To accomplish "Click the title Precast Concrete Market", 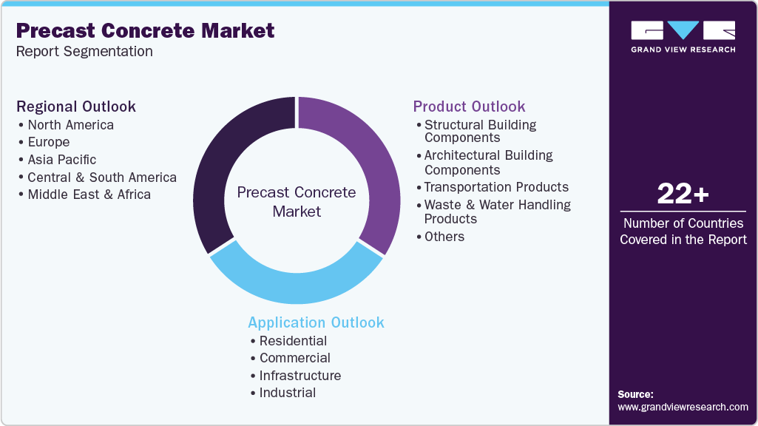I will [145, 30].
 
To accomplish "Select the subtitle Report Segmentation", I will [84, 51].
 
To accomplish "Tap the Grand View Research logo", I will [683, 35].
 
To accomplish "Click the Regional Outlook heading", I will [76, 106].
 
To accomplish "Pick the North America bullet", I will [70, 125].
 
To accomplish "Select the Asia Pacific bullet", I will [61, 160].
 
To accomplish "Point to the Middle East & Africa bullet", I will [89, 195].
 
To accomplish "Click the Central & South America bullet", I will [101, 177].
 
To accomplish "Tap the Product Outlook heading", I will [469, 106].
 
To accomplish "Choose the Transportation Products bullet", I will [495, 187].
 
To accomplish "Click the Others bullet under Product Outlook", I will [444, 237].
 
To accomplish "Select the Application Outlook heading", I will [316, 322].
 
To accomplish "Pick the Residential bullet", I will [293, 341].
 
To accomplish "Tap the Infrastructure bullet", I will [300, 376].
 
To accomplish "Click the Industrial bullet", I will [287, 393].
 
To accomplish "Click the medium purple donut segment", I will [370, 170].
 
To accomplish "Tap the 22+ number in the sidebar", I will [683, 195].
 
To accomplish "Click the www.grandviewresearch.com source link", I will [683, 407].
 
